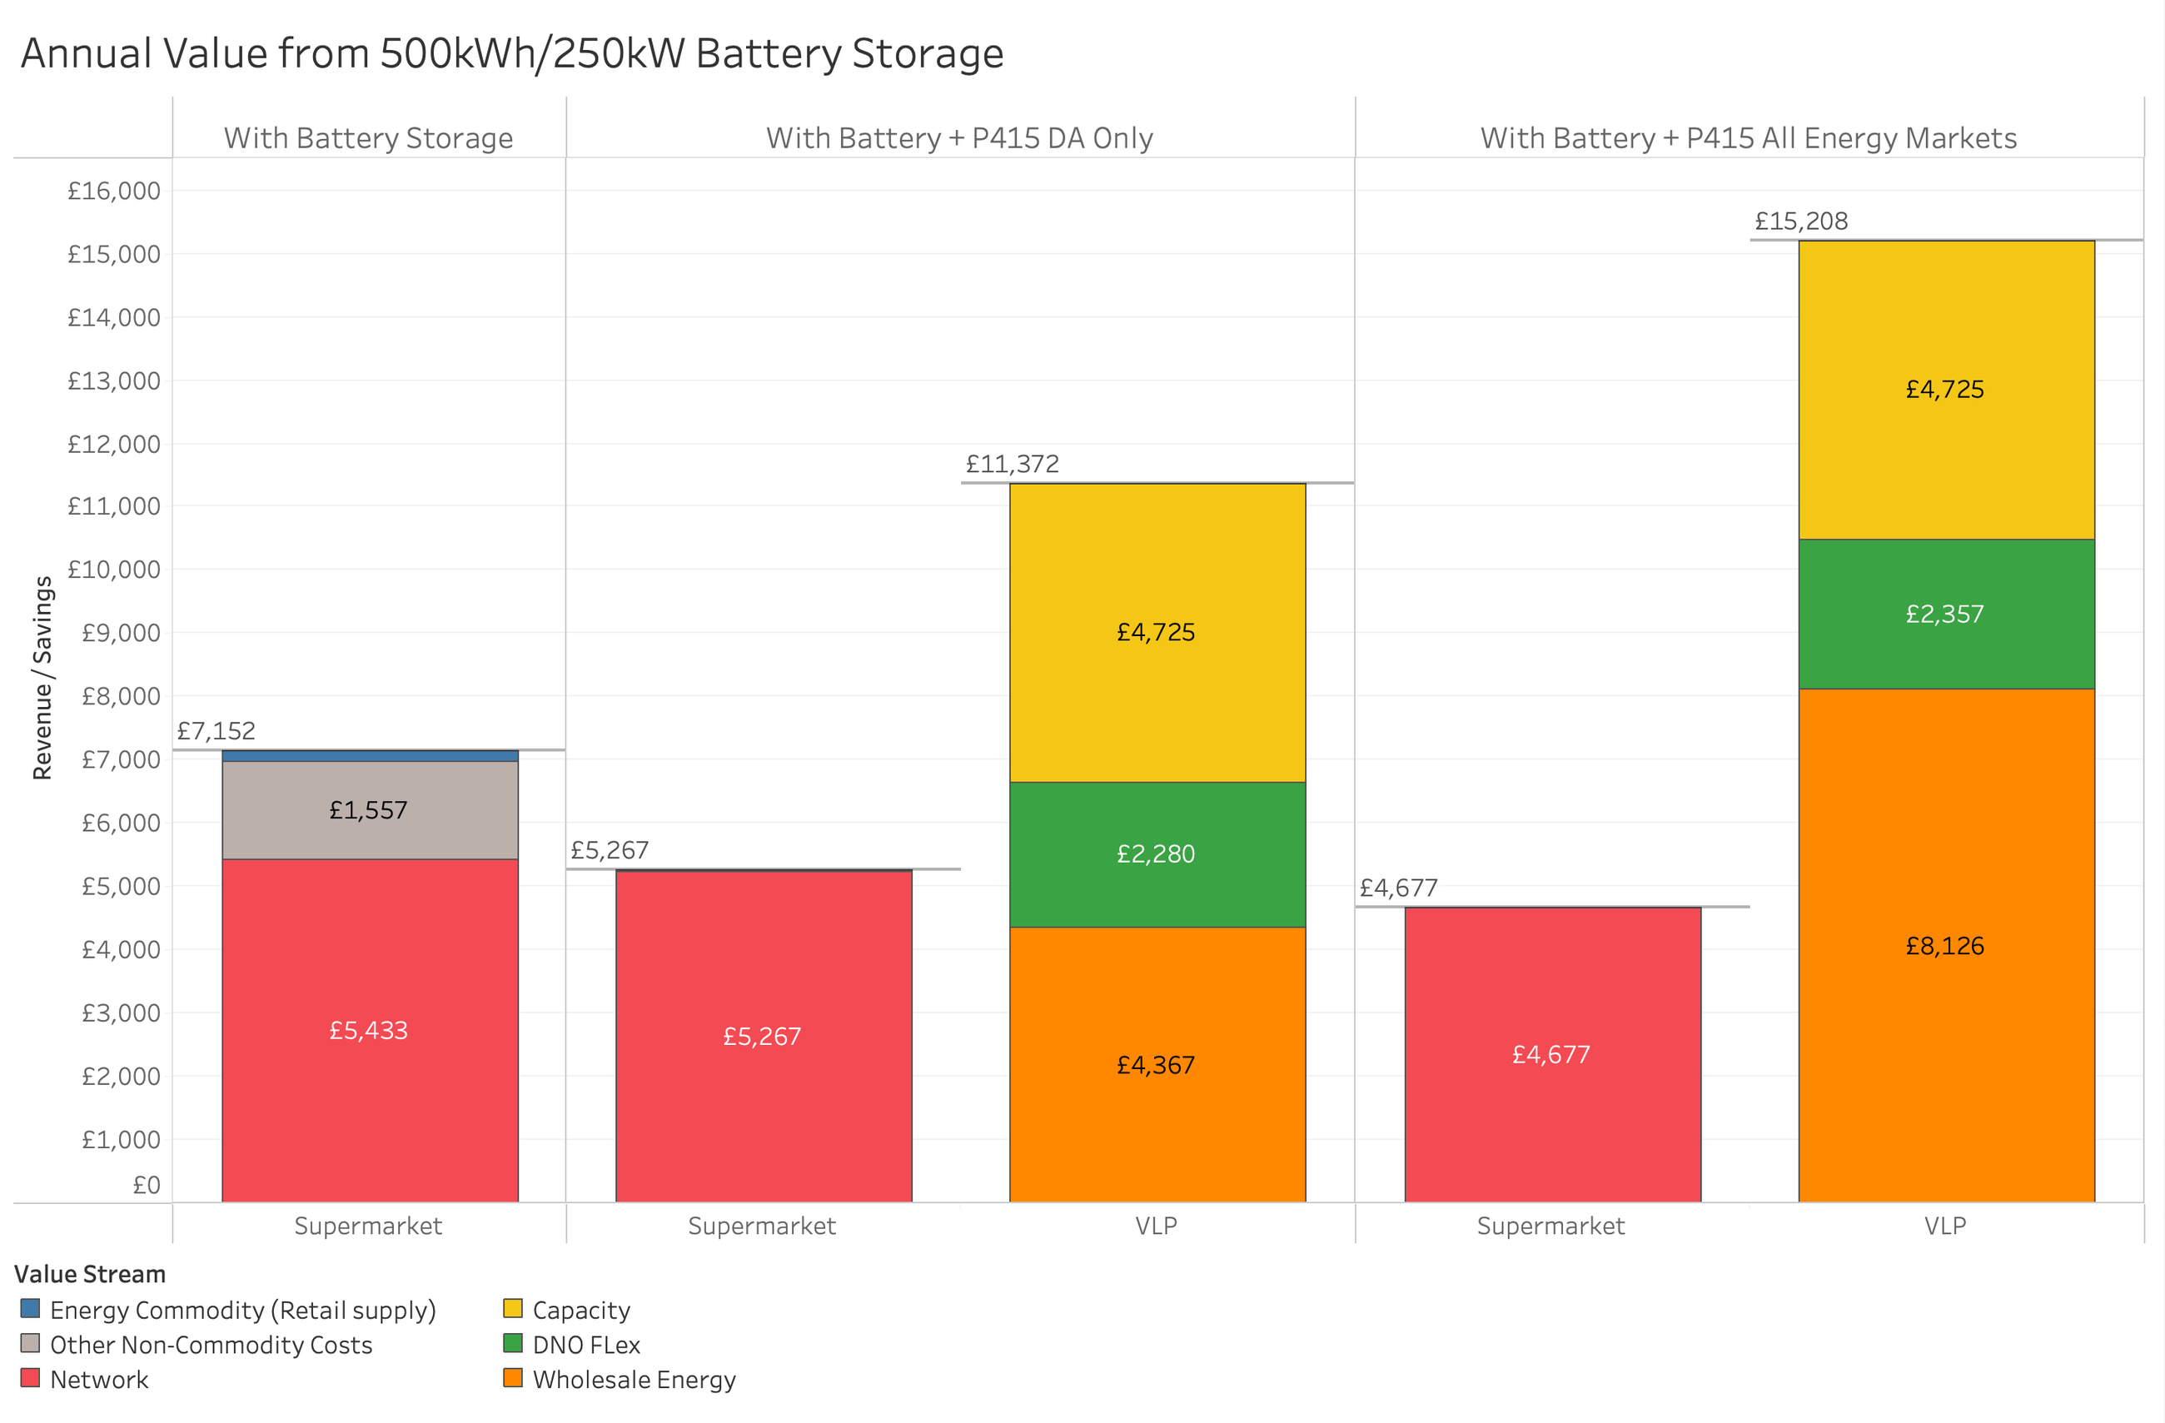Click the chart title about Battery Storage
coord(511,52)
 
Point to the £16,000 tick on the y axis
coord(114,191)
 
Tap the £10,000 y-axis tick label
coord(114,570)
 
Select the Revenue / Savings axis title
coord(42,678)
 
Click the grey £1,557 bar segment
coord(370,810)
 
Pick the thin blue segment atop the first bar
coord(370,756)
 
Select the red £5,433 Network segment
coord(370,1030)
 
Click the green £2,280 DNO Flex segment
coord(1156,853)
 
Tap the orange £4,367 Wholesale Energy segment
coord(1156,1064)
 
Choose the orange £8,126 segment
coord(1945,946)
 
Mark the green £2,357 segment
coord(1945,614)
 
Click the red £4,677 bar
coord(1551,1054)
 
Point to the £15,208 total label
coord(1801,221)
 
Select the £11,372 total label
coord(1013,464)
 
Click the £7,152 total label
coord(216,730)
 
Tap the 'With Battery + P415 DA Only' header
coord(960,137)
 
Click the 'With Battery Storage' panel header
coord(368,137)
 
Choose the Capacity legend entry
coord(580,1311)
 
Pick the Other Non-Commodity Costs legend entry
coord(210,1345)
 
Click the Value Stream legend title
coord(90,1274)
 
